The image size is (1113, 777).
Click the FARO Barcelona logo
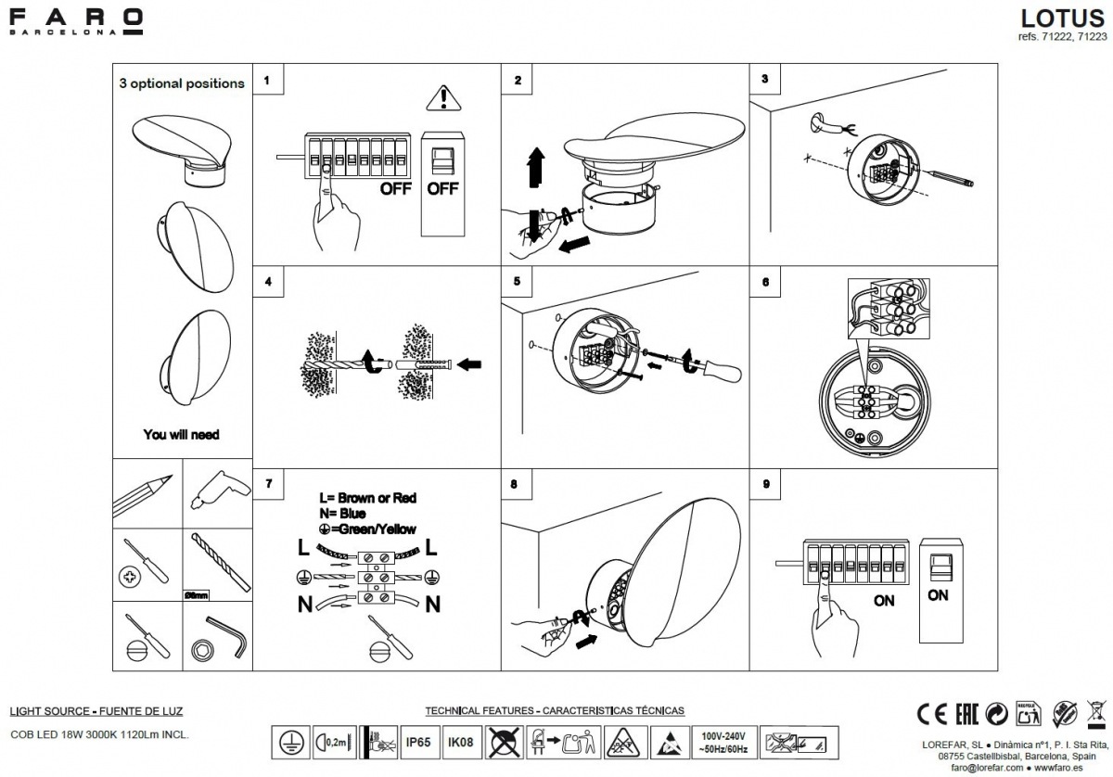[x=75, y=21]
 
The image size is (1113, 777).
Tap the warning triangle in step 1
[x=444, y=96]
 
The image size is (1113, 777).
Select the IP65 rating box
[x=417, y=742]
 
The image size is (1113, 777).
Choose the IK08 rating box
[x=460, y=742]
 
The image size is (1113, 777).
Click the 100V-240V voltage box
[x=723, y=742]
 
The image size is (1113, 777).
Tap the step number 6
[x=765, y=281]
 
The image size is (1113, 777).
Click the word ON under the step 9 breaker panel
[x=884, y=601]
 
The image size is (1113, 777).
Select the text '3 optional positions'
[x=182, y=83]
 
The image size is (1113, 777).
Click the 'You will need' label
[x=181, y=434]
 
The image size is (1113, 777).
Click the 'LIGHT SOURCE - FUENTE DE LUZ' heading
[x=96, y=711]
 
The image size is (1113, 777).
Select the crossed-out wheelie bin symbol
[x=1094, y=713]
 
